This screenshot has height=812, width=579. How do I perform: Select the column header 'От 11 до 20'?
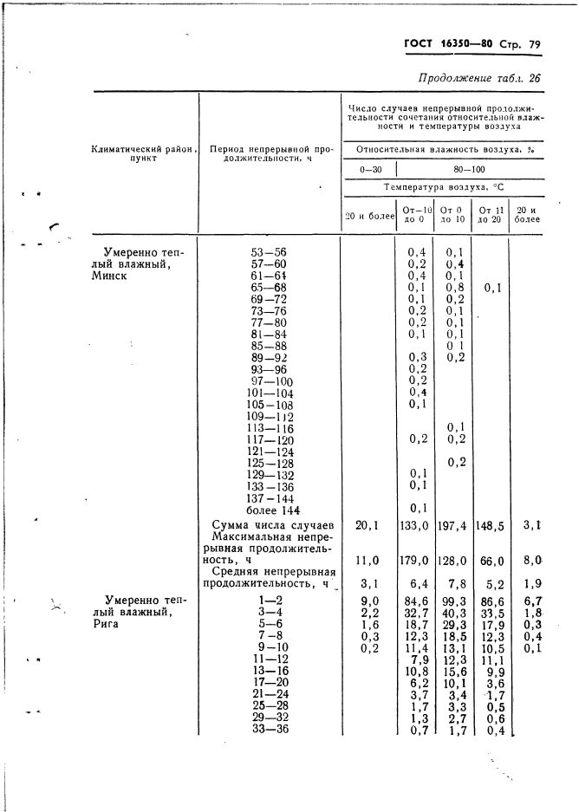coord(491,213)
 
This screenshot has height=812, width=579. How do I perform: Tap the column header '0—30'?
coord(370,170)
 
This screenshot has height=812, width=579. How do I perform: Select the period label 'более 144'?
coord(272,511)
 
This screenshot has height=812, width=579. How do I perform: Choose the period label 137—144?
coord(272,499)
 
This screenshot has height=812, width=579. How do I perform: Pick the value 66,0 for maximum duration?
coord(491,561)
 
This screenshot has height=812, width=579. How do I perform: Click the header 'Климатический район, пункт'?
coord(144,154)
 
